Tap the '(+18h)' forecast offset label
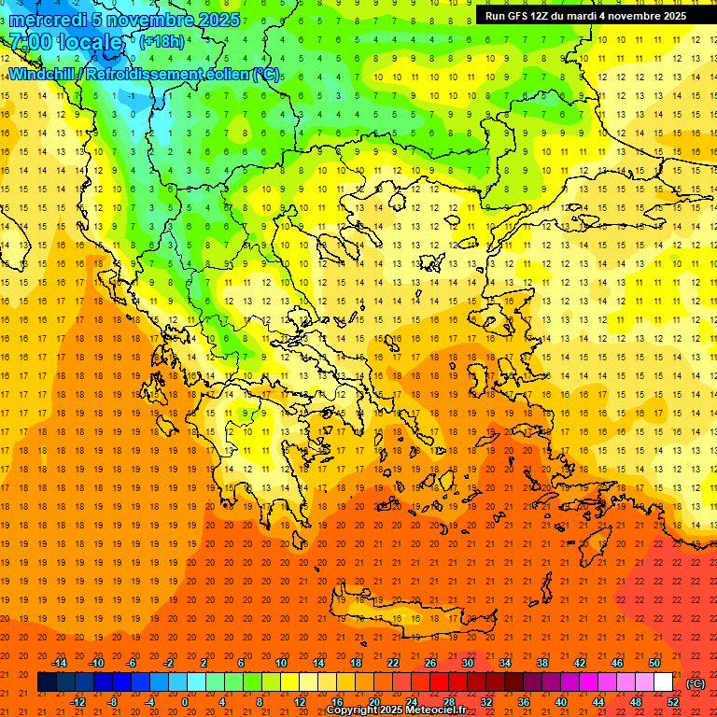point(162,41)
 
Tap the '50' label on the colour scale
point(654,663)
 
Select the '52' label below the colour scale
point(673,702)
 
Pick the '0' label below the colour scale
point(186,702)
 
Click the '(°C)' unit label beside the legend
point(696,683)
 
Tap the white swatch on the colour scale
point(664,682)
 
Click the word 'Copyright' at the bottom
point(352,710)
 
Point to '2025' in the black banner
point(673,16)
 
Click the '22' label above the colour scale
point(393,663)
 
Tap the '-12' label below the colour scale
point(77,702)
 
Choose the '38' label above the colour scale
point(542,663)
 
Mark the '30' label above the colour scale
point(468,663)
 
